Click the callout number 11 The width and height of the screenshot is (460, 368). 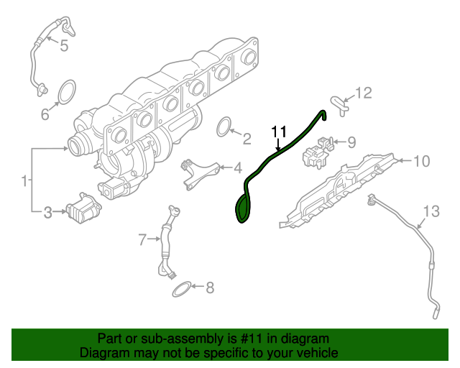[278, 131]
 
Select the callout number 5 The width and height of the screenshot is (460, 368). [63, 47]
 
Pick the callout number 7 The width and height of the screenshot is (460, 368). [142, 238]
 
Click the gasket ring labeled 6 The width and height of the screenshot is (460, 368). [66, 91]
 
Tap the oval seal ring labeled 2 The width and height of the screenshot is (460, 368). [225, 128]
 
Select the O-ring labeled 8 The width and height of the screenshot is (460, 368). [182, 289]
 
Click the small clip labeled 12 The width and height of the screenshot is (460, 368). [338, 105]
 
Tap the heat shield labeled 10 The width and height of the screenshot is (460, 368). [338, 190]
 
